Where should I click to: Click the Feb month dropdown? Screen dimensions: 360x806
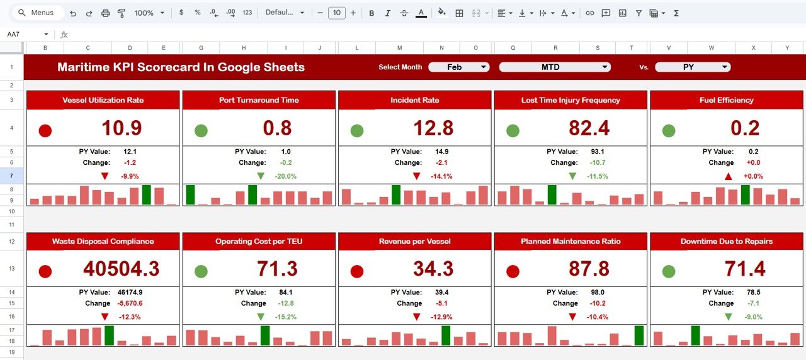coord(459,67)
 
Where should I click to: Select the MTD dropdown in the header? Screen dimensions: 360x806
coord(554,67)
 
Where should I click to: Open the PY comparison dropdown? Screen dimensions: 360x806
coord(692,67)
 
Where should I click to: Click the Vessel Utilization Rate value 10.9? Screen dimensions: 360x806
coord(122,128)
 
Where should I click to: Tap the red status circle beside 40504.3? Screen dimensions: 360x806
coord(45,272)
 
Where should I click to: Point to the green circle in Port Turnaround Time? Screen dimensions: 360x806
coord(201,131)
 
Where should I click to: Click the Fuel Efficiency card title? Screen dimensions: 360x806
coord(726,100)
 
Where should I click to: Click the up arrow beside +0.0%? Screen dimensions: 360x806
coord(729,177)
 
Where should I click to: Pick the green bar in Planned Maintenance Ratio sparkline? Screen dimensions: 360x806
coord(639,335)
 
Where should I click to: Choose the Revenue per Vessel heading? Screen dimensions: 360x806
coord(414,242)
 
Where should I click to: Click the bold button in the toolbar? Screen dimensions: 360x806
coord(372,13)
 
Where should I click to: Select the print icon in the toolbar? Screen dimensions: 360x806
coord(106,13)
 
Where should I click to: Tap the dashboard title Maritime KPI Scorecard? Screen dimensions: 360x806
coord(181,67)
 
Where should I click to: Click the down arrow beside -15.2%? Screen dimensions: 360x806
coord(261,317)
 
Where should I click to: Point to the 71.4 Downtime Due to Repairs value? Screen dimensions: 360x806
coord(745,269)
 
